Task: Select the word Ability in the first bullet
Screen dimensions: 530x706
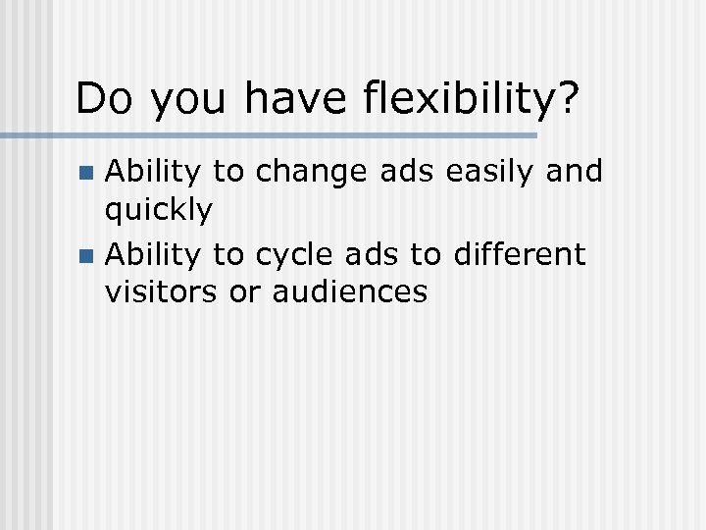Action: tap(155, 173)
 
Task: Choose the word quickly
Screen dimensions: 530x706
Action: tap(159, 210)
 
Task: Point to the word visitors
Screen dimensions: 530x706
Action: tap(163, 291)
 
